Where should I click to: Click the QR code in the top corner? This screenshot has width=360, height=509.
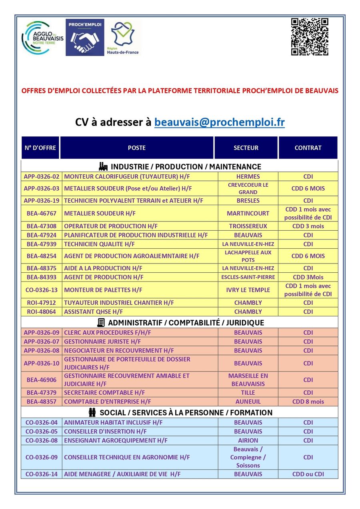(x=310, y=37)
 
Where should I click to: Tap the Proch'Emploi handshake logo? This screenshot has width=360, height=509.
(x=85, y=37)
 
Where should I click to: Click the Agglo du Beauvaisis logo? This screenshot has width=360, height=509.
(x=42, y=38)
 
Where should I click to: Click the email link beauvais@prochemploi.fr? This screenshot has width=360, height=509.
(x=220, y=122)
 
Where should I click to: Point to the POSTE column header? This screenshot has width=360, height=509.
(x=136, y=148)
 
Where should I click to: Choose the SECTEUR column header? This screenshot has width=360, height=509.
(x=246, y=148)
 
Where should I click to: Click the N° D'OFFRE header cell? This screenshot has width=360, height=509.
(x=40, y=148)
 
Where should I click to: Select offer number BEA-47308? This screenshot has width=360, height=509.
(x=42, y=226)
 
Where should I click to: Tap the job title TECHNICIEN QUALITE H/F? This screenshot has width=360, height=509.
(x=99, y=244)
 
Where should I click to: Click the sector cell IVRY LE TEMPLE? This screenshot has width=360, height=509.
(x=248, y=290)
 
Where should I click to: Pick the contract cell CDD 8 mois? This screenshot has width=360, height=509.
(x=308, y=402)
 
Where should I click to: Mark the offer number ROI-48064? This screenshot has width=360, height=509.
(x=42, y=312)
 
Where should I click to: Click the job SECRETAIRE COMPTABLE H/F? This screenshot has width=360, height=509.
(x=104, y=393)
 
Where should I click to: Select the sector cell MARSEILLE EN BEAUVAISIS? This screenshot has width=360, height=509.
(x=248, y=380)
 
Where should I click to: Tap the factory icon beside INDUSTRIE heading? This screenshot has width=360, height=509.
(x=103, y=166)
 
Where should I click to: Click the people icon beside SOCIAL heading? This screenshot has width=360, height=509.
(x=92, y=412)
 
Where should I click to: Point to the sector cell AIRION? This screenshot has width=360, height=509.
(x=248, y=441)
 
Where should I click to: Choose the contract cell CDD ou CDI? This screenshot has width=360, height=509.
(x=308, y=474)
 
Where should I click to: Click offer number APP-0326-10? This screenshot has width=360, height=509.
(x=42, y=363)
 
